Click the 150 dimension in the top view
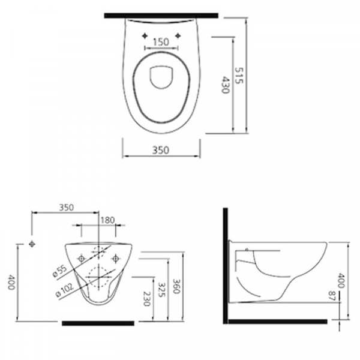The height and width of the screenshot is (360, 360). pos(161,42)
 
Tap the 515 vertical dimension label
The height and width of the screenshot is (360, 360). pos(239,76)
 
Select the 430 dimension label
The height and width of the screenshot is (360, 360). pos(226,85)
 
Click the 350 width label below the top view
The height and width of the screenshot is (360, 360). pos(161,150)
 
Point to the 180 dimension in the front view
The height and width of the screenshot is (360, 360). pos(107,220)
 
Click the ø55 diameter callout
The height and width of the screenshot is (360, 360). pos(60,271)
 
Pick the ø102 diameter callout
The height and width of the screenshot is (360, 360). pos(65,290)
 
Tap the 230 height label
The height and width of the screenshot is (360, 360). pos(147,299)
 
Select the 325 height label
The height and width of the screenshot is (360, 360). pos(161,289)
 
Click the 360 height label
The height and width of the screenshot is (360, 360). pos(176,286)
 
